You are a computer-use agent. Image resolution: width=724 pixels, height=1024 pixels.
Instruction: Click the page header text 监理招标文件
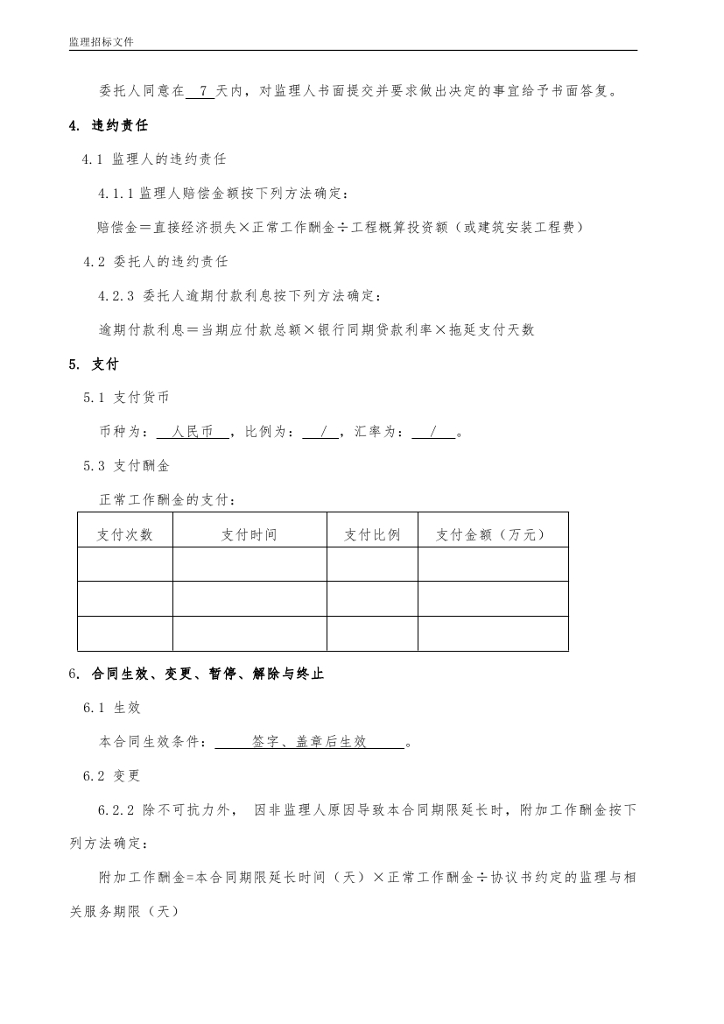(101, 42)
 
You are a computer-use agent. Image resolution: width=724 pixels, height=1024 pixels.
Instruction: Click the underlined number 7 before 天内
(203, 90)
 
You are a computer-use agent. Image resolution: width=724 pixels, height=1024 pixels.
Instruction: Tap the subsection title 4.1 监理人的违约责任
(155, 159)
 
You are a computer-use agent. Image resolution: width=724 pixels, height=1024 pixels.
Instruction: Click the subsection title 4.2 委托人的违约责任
(156, 261)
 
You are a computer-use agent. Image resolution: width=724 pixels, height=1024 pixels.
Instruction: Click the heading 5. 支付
(94, 364)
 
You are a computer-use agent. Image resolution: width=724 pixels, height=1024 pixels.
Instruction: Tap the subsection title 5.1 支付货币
(134, 398)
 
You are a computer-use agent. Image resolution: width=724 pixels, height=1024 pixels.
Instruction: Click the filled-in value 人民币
(193, 432)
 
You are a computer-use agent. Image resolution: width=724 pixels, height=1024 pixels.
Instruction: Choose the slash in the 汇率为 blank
(433, 432)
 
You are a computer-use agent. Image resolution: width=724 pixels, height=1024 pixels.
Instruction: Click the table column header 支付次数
(125, 534)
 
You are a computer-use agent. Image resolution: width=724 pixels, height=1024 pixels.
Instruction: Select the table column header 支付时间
(250, 534)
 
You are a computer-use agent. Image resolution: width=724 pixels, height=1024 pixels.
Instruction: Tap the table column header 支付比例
(372, 534)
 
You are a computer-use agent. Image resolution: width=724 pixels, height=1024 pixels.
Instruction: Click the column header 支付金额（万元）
(492, 534)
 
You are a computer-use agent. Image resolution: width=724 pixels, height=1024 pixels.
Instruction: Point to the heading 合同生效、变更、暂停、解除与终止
(207, 674)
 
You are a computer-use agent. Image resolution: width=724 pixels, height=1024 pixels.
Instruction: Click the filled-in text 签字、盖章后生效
(309, 742)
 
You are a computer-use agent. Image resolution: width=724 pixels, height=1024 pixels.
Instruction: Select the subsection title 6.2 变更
(112, 776)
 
